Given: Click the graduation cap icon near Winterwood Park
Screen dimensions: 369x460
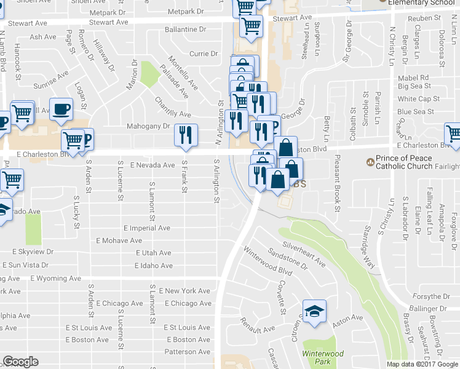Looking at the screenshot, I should coord(314,311).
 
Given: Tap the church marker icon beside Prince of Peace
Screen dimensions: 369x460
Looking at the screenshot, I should coord(370,162).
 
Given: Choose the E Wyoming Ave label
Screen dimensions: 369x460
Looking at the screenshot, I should coord(59,279).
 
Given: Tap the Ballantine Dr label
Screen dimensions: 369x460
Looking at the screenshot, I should coord(185,30).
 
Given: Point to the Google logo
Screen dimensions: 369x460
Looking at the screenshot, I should coord(20,362).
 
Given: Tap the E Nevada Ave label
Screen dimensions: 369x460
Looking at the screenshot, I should coord(153,165).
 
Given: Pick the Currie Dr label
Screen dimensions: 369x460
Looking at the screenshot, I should coord(204,54).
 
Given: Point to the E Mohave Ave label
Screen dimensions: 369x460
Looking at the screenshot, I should coord(119,240).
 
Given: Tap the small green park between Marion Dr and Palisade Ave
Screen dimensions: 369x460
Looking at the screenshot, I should coord(149,74).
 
